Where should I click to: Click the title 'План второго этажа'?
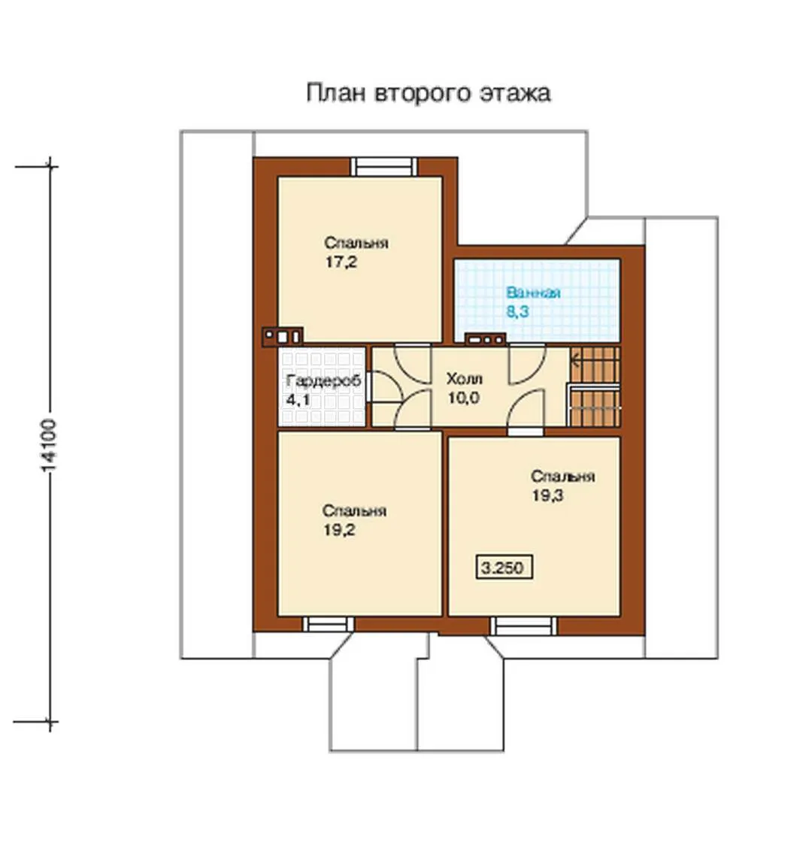click(x=428, y=92)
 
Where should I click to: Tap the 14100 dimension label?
click(x=49, y=445)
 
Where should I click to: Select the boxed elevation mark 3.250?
click(x=504, y=568)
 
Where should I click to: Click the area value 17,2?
click(x=341, y=262)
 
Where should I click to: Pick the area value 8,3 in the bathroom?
click(x=517, y=312)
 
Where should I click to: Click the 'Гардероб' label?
click(x=323, y=380)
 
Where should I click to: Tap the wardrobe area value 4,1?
click(x=298, y=400)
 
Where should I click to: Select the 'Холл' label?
click(x=464, y=378)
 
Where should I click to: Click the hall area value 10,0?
click(x=464, y=398)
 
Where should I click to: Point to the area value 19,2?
click(x=339, y=530)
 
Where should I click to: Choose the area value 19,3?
click(x=547, y=495)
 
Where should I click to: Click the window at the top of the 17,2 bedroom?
click(x=383, y=166)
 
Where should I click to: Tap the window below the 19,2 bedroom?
click(x=329, y=624)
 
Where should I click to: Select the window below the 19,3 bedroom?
click(x=523, y=625)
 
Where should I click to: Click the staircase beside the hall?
click(x=595, y=386)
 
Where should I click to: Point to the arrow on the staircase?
click(x=575, y=361)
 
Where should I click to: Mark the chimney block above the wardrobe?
click(x=282, y=337)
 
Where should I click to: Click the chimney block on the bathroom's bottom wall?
click(x=485, y=340)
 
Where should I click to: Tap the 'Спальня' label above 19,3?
click(x=563, y=476)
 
